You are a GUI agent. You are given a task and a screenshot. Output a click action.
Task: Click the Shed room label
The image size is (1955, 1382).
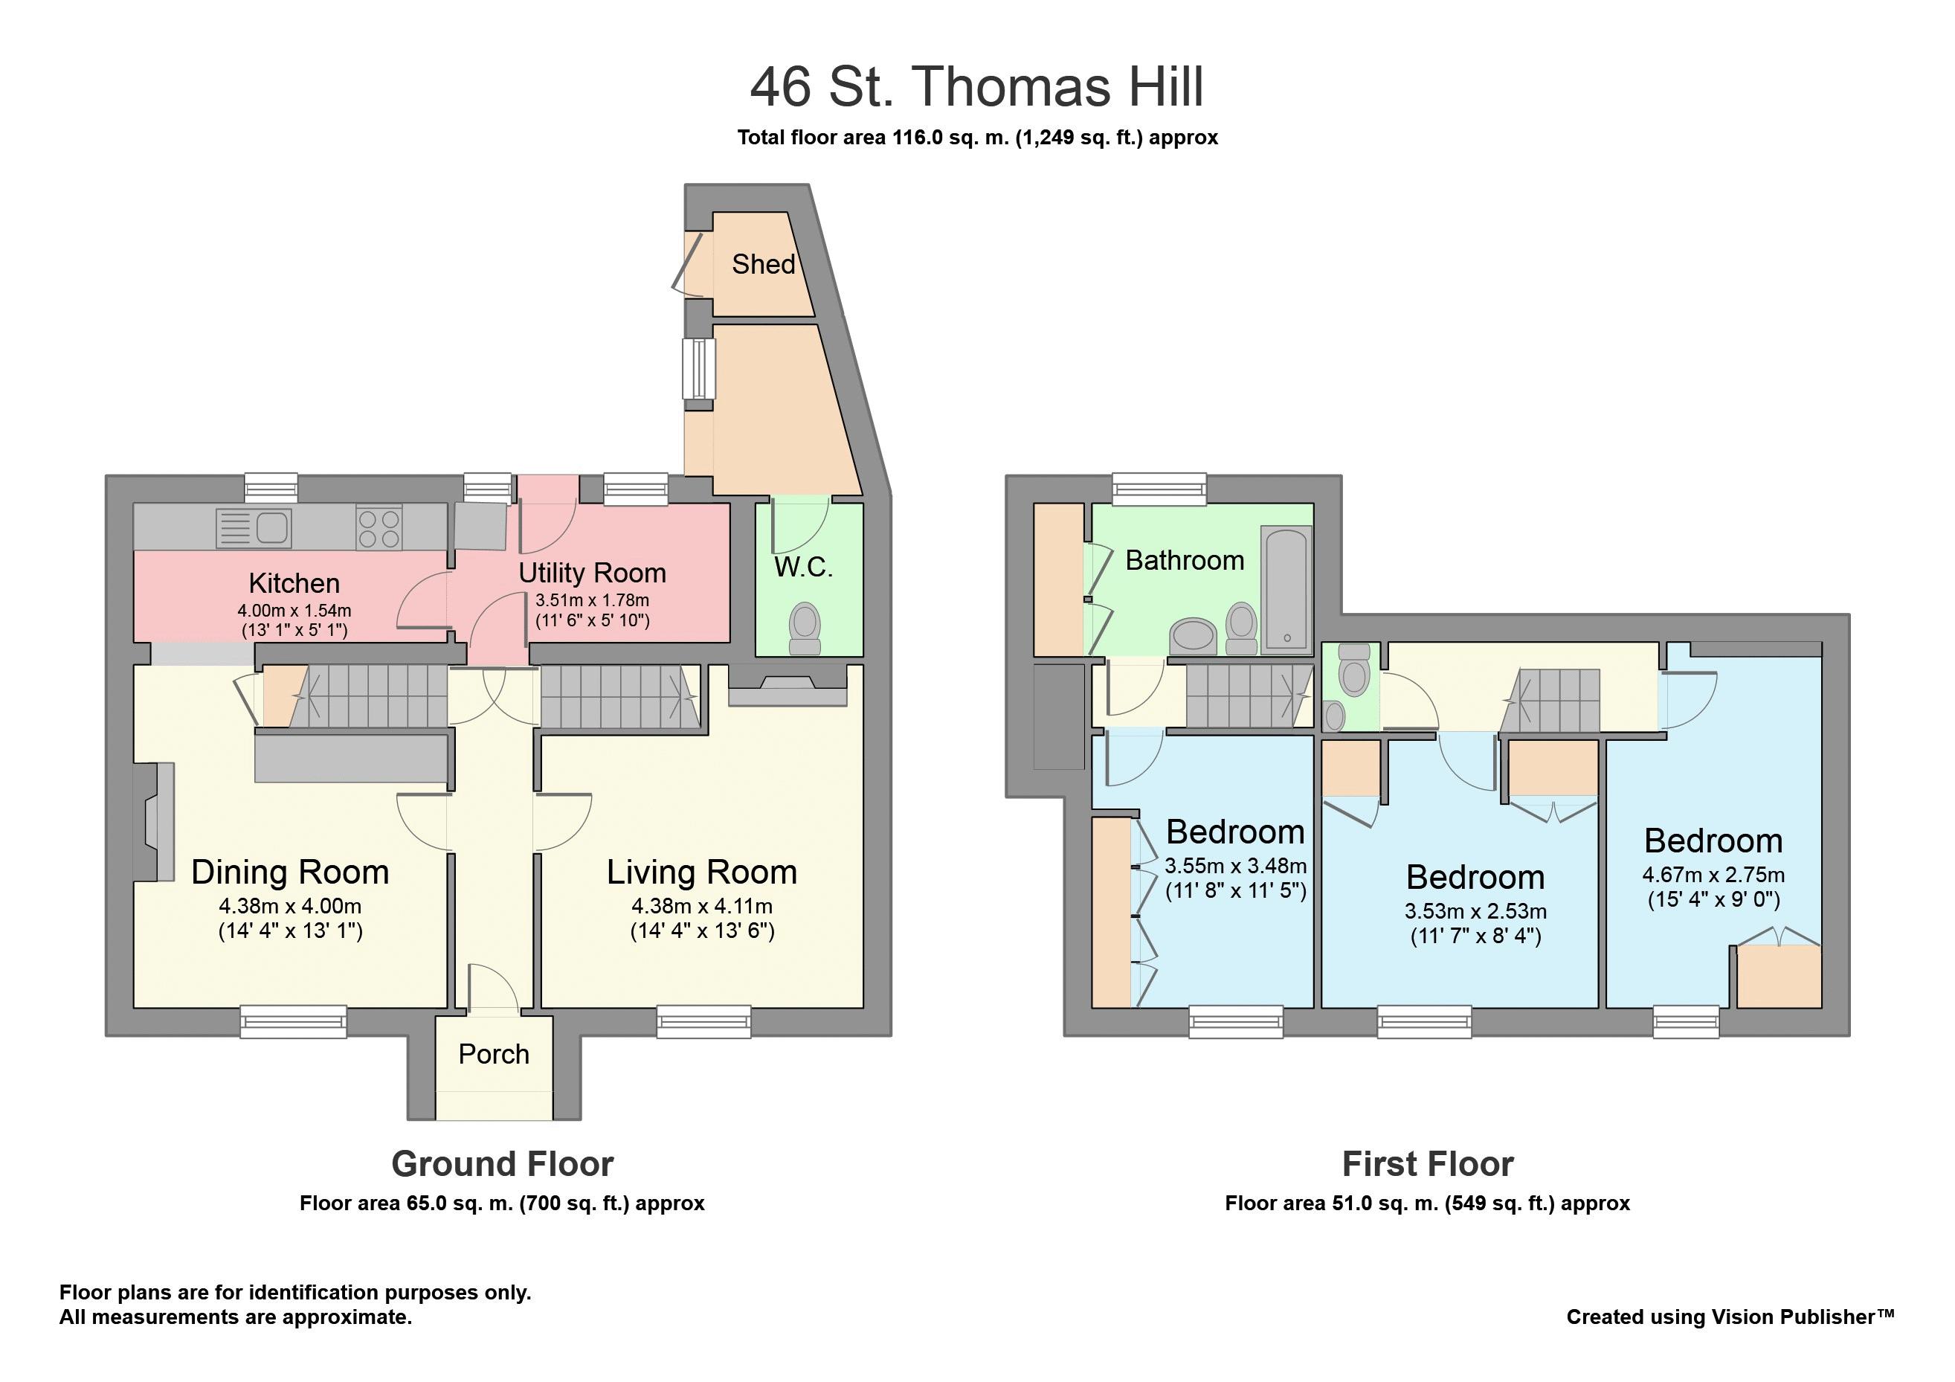coord(763,264)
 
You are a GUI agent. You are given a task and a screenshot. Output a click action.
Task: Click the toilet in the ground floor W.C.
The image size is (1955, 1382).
coord(805,628)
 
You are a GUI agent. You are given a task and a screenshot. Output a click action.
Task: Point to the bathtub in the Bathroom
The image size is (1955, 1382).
coord(1286,588)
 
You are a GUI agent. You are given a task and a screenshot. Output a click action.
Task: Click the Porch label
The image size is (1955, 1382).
coord(494,1054)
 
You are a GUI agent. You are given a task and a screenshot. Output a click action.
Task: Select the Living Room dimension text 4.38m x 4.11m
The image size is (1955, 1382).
coord(702,906)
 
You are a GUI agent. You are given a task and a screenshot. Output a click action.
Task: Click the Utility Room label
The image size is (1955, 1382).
coord(592,573)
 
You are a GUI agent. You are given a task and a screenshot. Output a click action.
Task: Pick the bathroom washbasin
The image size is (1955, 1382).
coord(1192,635)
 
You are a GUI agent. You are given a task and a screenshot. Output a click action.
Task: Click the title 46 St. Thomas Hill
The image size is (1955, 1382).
coord(976,87)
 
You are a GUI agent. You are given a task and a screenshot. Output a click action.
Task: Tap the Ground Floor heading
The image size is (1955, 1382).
coord(503,1164)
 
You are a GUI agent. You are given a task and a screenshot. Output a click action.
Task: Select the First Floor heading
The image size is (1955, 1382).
coord(1427,1164)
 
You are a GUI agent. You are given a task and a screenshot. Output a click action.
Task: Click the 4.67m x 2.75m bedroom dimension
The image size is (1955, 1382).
coord(1713,875)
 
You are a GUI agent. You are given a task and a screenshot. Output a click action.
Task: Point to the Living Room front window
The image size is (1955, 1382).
coord(703,1021)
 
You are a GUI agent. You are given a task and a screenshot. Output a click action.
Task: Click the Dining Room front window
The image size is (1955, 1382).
coord(293,1021)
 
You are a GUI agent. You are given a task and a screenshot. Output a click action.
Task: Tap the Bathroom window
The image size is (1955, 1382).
coord(1160,489)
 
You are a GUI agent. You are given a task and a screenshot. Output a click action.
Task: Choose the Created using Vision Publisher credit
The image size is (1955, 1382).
coord(1730,1317)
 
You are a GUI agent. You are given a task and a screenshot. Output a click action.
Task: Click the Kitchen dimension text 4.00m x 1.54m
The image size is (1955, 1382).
coord(294,611)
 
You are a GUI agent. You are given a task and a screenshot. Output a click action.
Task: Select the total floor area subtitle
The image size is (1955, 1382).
coord(976,138)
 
